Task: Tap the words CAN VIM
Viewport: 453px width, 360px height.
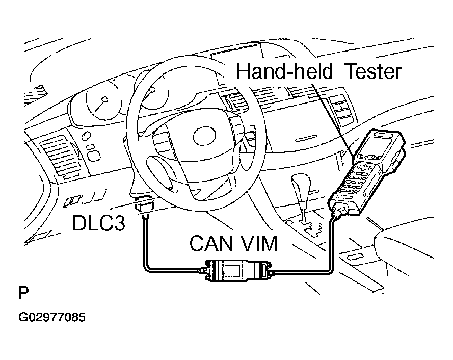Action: point(233,243)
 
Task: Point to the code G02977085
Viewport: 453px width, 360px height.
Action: point(52,317)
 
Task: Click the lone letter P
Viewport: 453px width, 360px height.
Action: point(23,293)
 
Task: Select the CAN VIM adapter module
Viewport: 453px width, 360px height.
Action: point(238,271)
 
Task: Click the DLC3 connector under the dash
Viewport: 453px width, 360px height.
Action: point(144,205)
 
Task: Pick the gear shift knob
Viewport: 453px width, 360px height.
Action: point(301,185)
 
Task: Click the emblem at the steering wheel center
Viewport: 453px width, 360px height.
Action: point(204,137)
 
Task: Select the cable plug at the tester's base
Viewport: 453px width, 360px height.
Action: point(341,210)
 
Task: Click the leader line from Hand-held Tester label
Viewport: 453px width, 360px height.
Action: point(334,119)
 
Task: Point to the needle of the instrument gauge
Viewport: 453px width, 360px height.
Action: point(100,106)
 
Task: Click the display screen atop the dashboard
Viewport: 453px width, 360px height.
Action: point(237,62)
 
